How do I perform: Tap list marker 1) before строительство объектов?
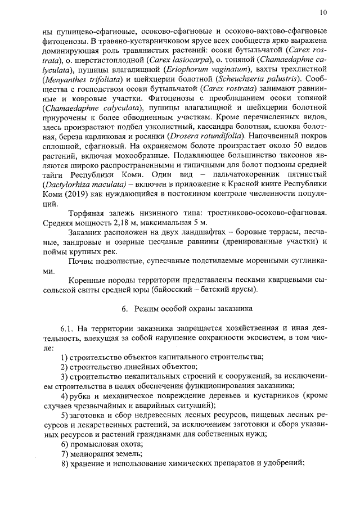click(64, 357)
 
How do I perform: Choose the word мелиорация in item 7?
click(93, 454)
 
